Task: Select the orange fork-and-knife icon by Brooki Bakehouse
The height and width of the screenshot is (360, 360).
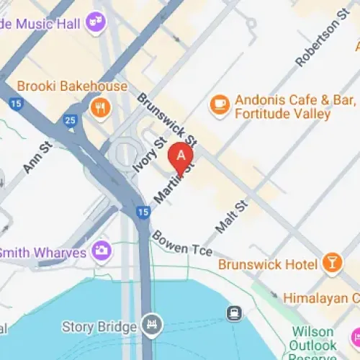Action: [x=99, y=108]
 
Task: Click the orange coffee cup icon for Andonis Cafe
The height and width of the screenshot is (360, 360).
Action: [x=218, y=104]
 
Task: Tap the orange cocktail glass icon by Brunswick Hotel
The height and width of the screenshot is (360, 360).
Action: [x=331, y=264]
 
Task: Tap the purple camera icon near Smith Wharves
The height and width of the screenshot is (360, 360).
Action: [x=102, y=251]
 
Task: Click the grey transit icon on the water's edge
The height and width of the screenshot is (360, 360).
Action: [x=233, y=313]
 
